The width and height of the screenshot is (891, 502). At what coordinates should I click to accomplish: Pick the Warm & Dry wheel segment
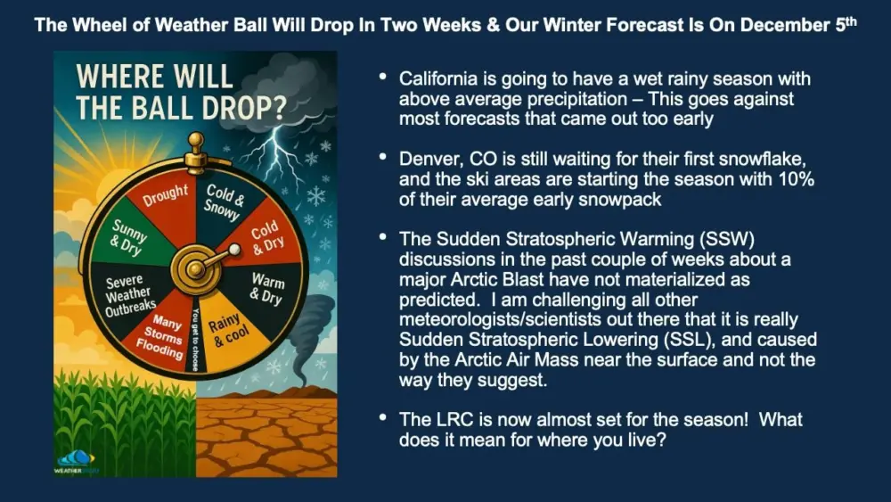coord(266,290)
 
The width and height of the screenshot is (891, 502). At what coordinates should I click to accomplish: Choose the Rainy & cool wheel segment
coord(229,332)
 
